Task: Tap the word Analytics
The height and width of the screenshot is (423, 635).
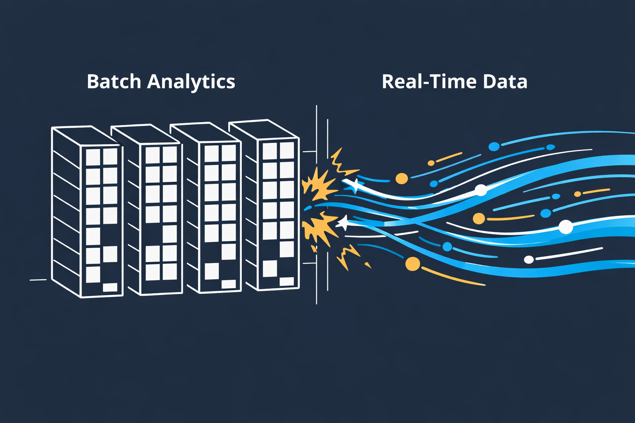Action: click(191, 82)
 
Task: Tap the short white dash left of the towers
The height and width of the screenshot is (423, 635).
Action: click(38, 280)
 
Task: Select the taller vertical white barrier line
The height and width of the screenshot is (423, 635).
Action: click(317, 204)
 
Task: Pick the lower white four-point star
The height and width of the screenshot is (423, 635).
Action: click(343, 223)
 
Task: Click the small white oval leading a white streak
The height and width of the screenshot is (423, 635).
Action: click(529, 259)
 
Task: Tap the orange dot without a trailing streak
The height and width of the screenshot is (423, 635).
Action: click(401, 178)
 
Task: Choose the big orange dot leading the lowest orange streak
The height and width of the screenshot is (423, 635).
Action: click(413, 264)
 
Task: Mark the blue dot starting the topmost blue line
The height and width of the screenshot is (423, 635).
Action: click(494, 146)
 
